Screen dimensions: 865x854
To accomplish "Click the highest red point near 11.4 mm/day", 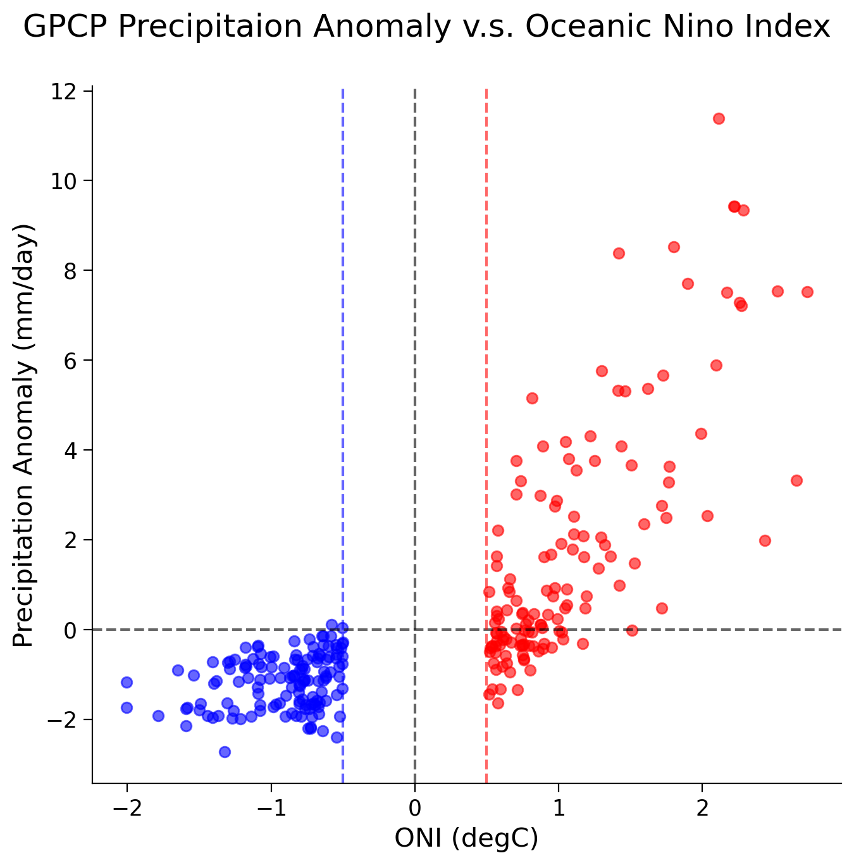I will coord(719,118).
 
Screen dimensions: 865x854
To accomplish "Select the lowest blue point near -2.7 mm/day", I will coord(225,752).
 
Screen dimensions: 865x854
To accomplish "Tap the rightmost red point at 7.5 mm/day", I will coord(807,292).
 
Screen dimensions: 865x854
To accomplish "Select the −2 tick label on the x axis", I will coord(127,808).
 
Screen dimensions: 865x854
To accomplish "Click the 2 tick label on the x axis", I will coord(702,808).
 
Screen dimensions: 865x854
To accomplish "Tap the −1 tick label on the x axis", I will coord(271,808).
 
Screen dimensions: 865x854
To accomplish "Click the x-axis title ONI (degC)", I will coord(467,838).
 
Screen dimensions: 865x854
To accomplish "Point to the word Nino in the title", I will coord(690,28).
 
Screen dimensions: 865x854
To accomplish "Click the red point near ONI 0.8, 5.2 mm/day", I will coord(532,398).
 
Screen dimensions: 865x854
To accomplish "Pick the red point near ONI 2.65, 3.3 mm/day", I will coord(796,480).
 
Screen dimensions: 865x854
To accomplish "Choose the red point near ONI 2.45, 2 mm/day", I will coord(765,540).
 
